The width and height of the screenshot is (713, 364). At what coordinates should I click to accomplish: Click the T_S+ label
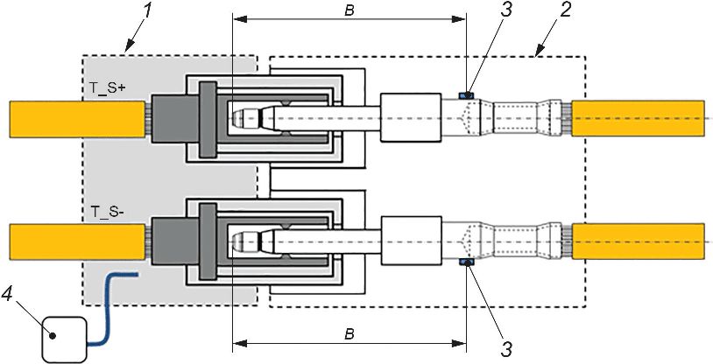coord(107,88)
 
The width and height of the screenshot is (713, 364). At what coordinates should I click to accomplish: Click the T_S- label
coord(107,211)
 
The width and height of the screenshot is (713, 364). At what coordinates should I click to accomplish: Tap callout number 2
coord(565,10)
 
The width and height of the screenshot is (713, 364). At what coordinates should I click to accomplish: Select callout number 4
coord(7,295)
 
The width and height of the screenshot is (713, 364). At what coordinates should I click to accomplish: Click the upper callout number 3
coord(506,10)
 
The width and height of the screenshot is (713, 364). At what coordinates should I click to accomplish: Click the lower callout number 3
coord(506,349)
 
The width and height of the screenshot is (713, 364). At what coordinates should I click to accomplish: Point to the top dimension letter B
coord(349,11)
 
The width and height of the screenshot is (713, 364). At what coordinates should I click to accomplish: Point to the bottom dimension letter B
coord(349,335)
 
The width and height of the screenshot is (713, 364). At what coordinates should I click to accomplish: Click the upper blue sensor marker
coord(466,95)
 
